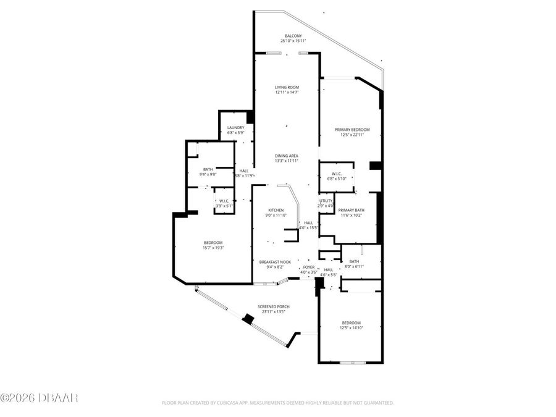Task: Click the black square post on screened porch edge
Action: click(248, 319)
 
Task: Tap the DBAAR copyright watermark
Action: click(39, 397)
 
